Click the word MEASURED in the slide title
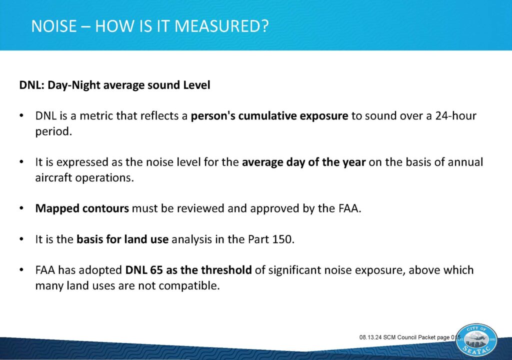click(221, 26)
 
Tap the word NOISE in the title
click(54, 26)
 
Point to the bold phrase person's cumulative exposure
click(269, 116)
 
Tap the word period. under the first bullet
click(53, 131)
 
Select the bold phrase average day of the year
click(303, 162)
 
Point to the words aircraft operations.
click(84, 177)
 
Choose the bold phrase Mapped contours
click(82, 208)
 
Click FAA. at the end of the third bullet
click(349, 208)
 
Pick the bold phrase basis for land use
click(122, 239)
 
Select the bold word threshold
click(226, 270)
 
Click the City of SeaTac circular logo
click(476, 340)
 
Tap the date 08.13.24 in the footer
click(370, 337)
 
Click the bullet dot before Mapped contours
click(21, 208)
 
